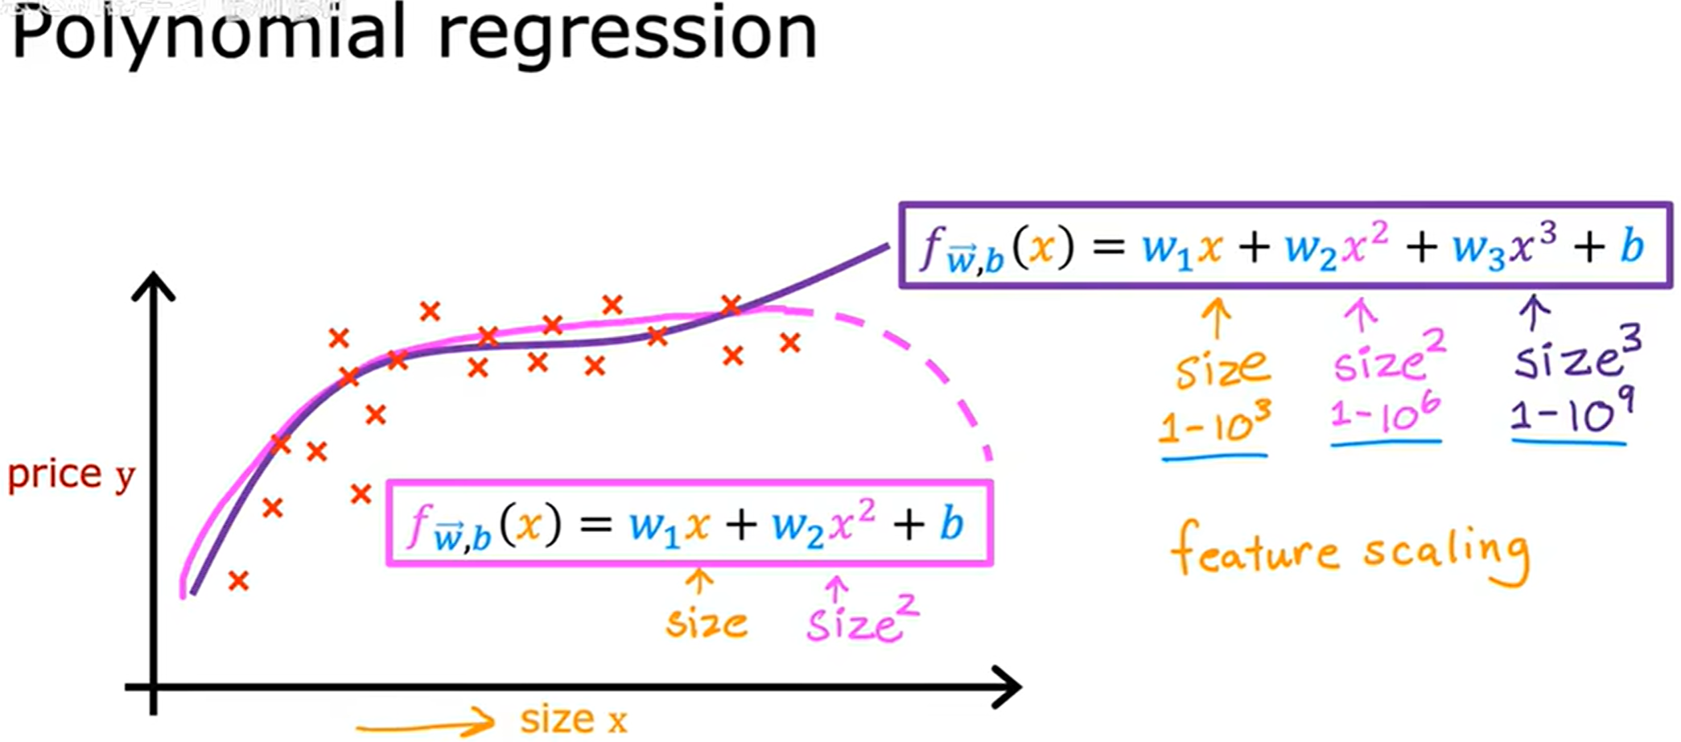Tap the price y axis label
point(71,475)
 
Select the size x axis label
point(573,719)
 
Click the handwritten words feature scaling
point(1350,554)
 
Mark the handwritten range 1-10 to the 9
point(1569,414)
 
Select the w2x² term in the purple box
point(1336,246)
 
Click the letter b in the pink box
point(951,525)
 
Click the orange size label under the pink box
point(707,624)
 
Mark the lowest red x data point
point(238,580)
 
